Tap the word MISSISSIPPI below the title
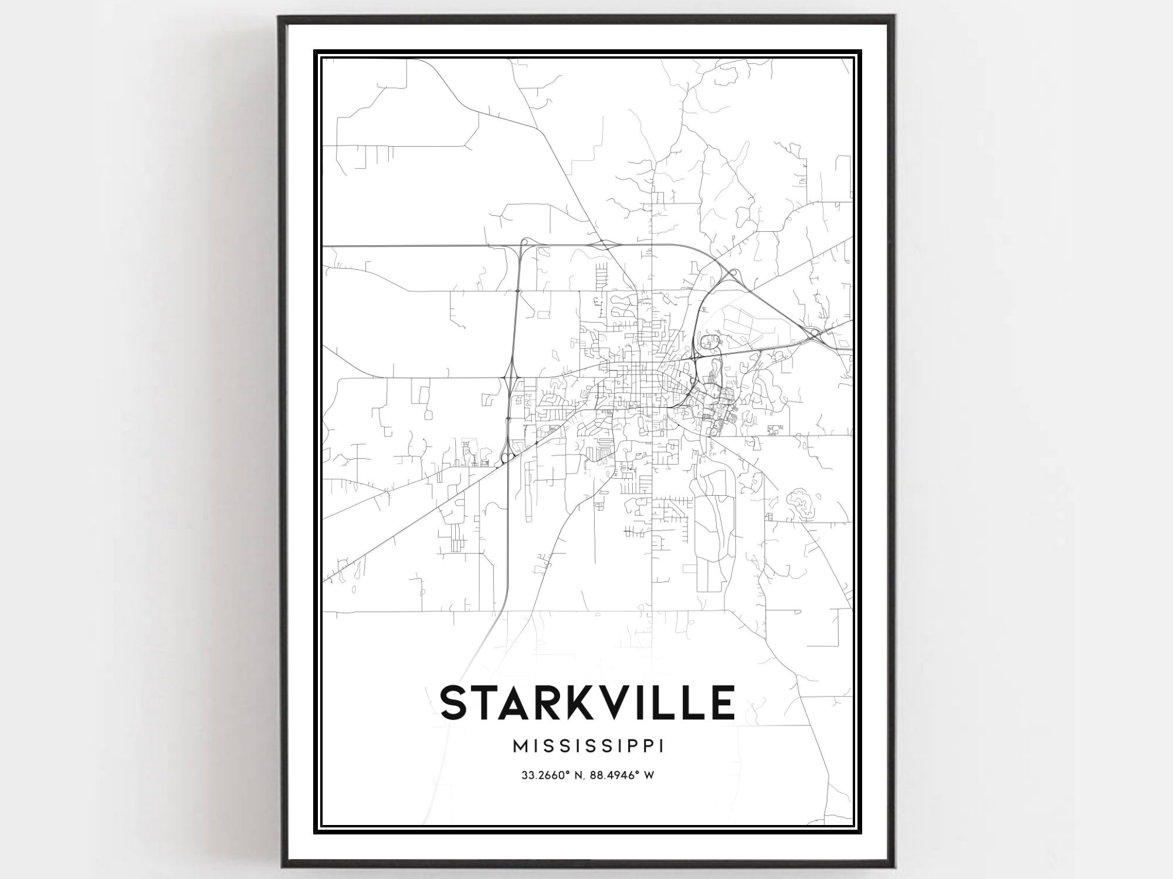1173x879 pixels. tap(588, 746)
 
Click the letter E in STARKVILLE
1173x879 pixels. tap(723, 702)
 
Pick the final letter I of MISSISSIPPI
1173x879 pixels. tap(662, 746)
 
